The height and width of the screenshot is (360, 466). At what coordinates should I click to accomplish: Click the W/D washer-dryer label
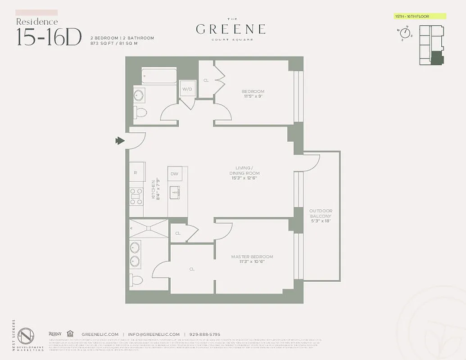tap(187, 89)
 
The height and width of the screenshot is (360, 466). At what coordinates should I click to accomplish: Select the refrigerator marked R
tap(136, 173)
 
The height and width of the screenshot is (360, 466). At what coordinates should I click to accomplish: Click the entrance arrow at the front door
tap(120, 141)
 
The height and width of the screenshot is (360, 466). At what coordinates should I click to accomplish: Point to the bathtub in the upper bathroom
tap(159, 76)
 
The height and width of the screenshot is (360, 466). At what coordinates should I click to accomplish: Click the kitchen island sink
tap(175, 192)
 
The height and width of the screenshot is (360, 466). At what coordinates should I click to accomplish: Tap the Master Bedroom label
tap(252, 257)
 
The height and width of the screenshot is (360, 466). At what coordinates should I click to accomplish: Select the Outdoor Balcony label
tap(321, 213)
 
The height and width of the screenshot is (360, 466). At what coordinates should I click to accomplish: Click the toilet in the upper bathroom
tap(140, 112)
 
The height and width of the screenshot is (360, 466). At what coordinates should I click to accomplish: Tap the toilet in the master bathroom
tap(136, 280)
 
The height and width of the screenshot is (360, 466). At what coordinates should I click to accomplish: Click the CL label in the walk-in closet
tap(191, 269)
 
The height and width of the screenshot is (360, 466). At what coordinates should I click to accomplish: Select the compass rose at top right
tap(405, 34)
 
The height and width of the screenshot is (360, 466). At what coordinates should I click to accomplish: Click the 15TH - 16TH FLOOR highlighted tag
tap(420, 17)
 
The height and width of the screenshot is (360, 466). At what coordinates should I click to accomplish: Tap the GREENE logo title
tap(231, 30)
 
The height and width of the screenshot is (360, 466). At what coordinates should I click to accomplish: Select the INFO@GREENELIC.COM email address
tap(154, 334)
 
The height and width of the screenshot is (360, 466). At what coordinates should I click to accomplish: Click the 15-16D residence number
tap(49, 37)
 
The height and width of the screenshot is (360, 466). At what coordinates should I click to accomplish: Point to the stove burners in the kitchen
tap(136, 197)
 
